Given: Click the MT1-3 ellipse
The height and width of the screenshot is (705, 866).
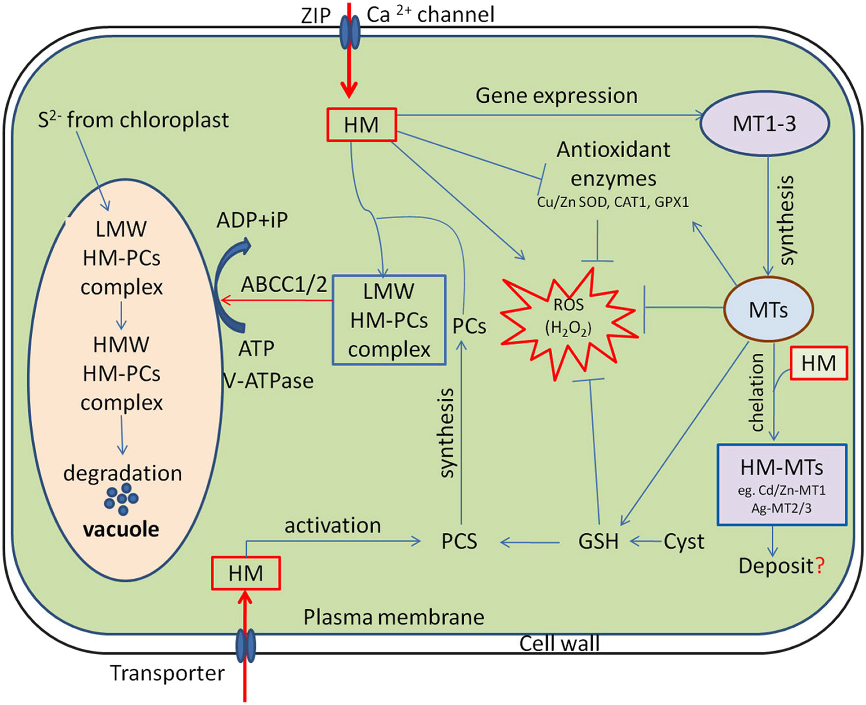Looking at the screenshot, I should coord(764,124).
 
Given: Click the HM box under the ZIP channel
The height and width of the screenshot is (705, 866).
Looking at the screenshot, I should coord(361,125).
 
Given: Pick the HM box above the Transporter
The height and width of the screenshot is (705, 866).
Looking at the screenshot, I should coord(246,573).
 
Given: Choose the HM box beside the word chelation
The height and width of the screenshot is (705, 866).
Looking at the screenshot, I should coord(819,364).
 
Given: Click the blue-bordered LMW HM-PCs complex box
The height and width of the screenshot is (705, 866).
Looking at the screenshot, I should coord(389,320).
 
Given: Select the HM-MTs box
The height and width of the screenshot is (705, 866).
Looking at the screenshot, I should coord(781,485).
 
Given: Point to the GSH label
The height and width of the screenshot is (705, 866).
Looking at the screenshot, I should coord(598,542).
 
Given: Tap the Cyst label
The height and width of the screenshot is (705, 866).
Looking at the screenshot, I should coord(684,542).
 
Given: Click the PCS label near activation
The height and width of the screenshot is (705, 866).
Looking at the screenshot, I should coord(459,542).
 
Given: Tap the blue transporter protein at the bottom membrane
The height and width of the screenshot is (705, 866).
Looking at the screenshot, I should coord(245,646).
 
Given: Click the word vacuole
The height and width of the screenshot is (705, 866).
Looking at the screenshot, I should coord(121,529).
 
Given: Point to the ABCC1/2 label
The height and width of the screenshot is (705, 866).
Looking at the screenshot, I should coord(284,284).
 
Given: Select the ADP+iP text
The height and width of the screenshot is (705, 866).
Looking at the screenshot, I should coord(252,220).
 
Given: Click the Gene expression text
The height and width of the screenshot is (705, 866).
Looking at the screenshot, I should coord(556,95).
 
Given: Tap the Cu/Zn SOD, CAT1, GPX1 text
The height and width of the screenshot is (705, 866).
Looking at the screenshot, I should coord(613,202).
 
